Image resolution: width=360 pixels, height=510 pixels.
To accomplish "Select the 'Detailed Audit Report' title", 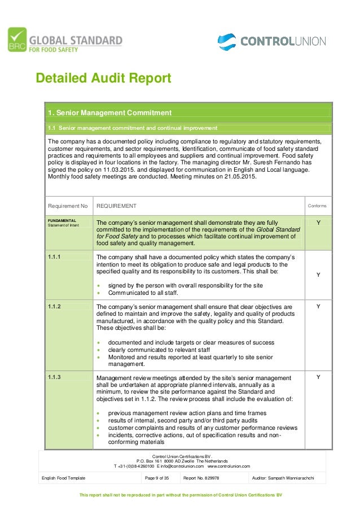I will pos(103,77).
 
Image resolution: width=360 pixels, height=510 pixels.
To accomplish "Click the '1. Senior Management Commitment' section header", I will pos(109,112).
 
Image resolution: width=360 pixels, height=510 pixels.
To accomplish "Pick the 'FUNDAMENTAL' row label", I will pos(63,220).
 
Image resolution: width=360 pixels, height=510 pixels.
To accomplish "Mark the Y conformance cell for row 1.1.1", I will pos(318,274).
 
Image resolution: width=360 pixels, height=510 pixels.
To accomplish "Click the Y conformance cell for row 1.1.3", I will pos(318,377).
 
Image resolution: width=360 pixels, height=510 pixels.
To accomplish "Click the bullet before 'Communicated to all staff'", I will pos(99,293).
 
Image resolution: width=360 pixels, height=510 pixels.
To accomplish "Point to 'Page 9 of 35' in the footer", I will pos(158,478).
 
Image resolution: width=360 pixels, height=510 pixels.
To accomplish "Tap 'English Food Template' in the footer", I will pos(64,478).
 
